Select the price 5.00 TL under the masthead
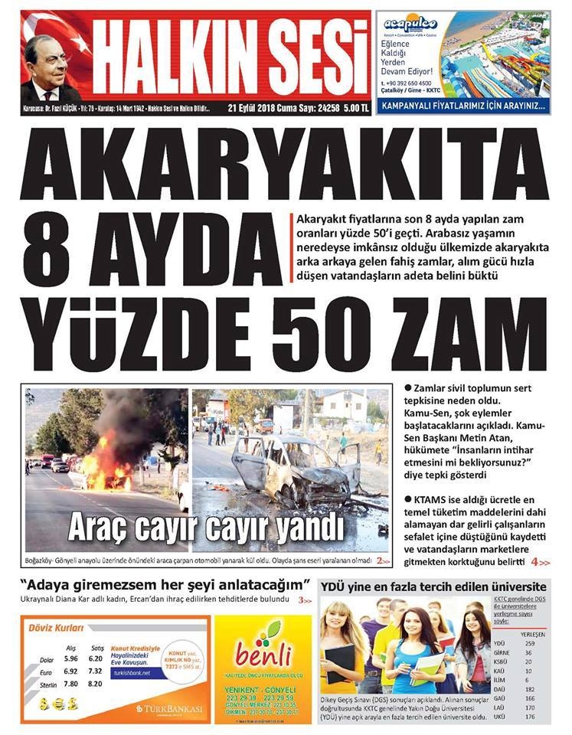(355, 109)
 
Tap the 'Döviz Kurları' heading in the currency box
(55, 628)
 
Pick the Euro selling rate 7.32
(96, 671)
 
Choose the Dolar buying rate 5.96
(71, 658)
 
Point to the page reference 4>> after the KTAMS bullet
(540, 562)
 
